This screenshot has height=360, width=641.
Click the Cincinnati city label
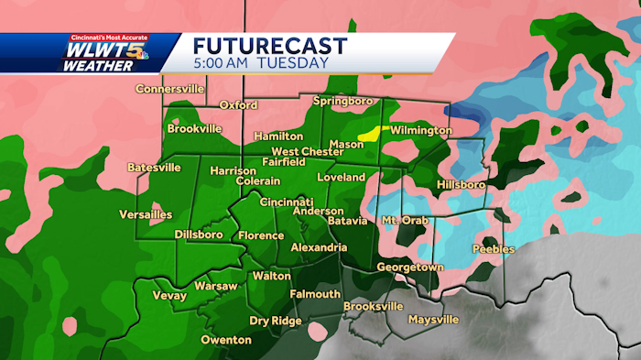[x=287, y=202]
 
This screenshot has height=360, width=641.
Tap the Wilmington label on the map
[x=421, y=131]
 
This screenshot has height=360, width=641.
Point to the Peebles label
[x=494, y=249]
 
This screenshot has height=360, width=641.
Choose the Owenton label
[x=225, y=340]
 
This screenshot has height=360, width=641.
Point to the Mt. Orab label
[x=403, y=221]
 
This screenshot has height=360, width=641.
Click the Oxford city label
[x=238, y=105]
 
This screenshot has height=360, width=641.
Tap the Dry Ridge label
[x=278, y=321]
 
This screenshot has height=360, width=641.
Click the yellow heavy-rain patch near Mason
[x=370, y=134]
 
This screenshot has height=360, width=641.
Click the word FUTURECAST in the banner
[x=269, y=46]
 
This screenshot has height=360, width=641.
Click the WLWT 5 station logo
[x=101, y=54]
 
